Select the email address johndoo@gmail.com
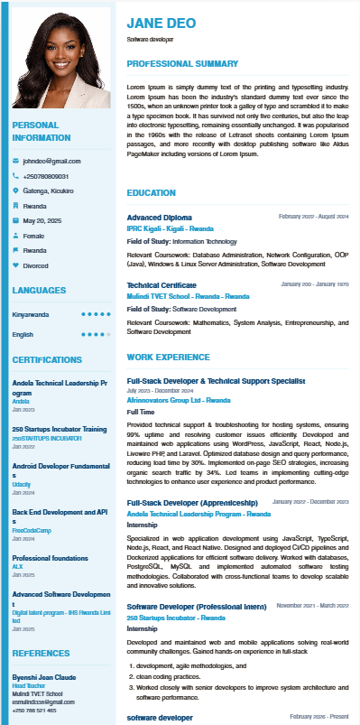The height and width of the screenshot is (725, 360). tap(45, 160)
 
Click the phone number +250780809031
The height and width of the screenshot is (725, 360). tap(46, 175)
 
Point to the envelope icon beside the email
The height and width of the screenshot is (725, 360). tap(15, 160)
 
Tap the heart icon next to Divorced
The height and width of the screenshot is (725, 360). tap(15, 265)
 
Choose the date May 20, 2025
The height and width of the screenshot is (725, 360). tap(42, 220)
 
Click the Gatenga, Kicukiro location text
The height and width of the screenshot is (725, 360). tap(49, 191)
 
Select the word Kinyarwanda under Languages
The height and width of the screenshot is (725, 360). tap(31, 314)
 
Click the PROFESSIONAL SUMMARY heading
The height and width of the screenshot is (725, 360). tap(181, 63)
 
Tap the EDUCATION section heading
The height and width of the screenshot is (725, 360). tap(152, 193)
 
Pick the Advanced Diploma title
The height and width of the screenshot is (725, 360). tap(159, 218)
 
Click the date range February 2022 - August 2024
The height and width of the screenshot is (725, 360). tap(313, 217)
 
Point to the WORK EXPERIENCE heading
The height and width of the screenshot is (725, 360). tap(168, 358)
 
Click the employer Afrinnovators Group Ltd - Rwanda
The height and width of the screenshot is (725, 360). tap(179, 399)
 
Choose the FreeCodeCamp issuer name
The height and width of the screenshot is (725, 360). tap(32, 530)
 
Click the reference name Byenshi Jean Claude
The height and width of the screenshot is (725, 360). tap(44, 677)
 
